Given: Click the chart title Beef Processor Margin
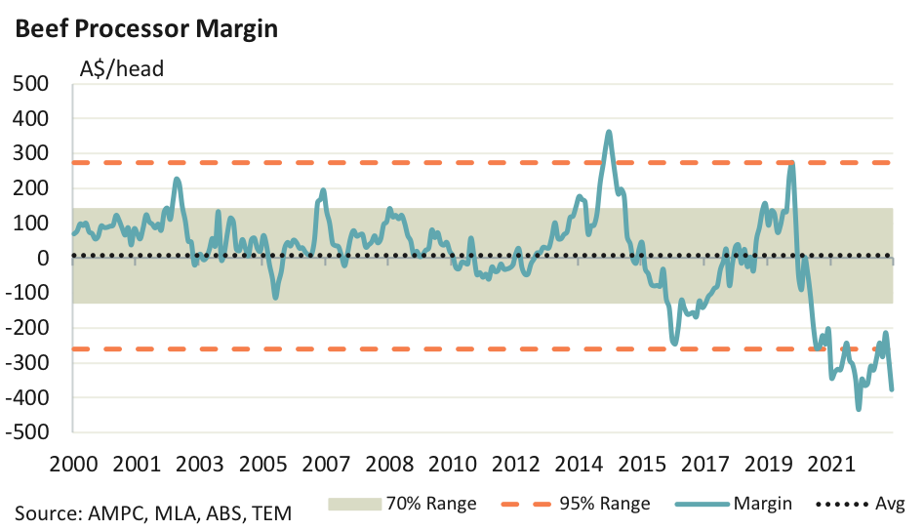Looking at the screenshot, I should click(145, 29).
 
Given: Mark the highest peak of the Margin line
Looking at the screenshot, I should click(609, 132).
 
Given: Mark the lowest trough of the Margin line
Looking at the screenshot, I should click(859, 408).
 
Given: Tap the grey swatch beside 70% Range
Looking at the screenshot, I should click(358, 504).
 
